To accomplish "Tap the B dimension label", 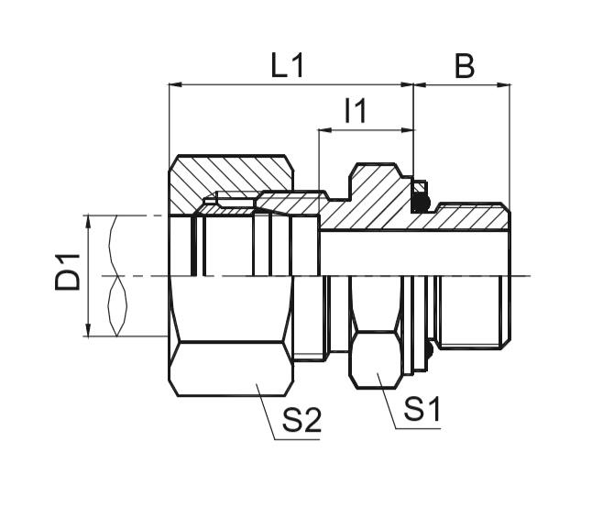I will tap(464, 67).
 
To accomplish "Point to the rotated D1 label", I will tap(67, 274).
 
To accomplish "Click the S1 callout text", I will tap(422, 410).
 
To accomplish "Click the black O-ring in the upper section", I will tap(420, 197).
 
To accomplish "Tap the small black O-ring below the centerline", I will tap(426, 350).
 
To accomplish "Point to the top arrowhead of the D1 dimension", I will tap(88, 221).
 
